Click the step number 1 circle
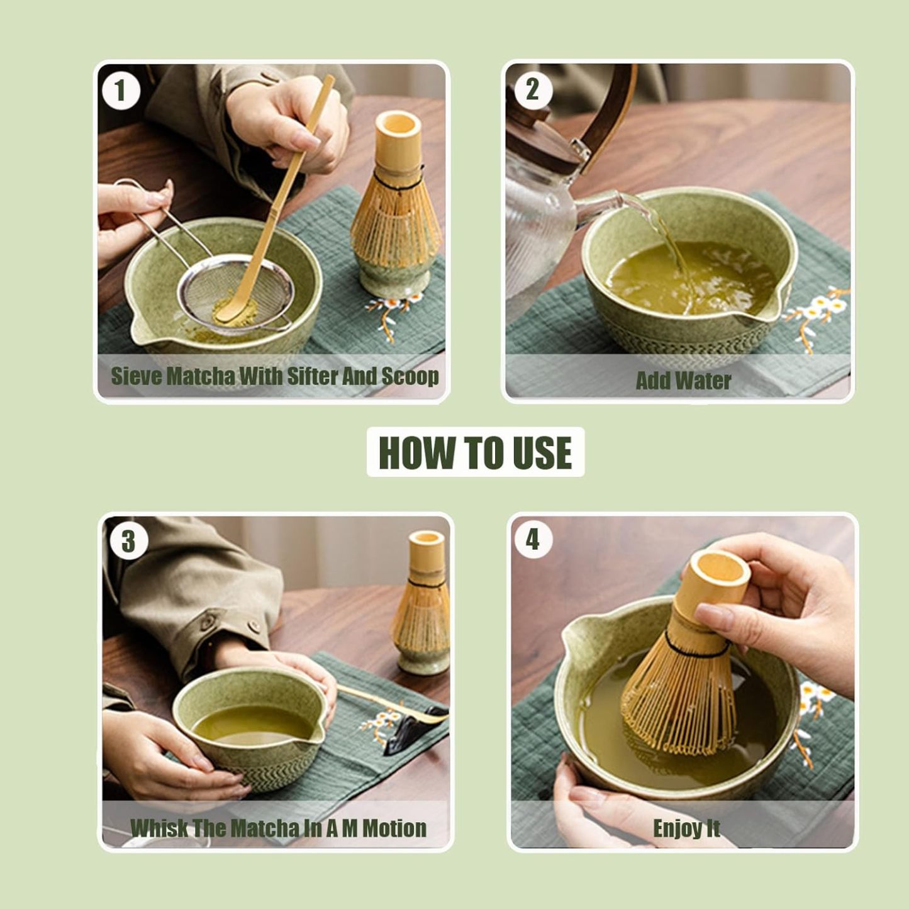click(x=121, y=91)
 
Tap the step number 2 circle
click(x=533, y=90)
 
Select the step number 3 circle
click(x=129, y=541)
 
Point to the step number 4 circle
click(x=533, y=539)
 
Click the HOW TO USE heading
click(x=476, y=452)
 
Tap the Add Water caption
click(x=683, y=381)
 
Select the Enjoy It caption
click(x=686, y=828)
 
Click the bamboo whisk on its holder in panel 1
click(x=395, y=208)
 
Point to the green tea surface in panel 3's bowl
click(x=252, y=723)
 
